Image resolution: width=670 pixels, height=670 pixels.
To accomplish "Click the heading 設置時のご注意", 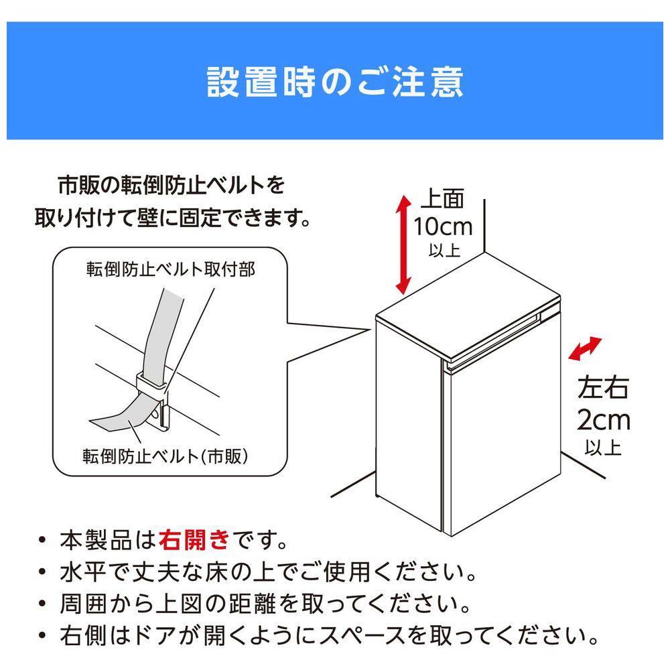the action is tap(335, 82).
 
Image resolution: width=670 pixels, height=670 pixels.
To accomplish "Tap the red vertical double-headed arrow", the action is tap(403, 245).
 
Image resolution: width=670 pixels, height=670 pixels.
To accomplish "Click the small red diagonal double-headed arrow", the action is tap(585, 348).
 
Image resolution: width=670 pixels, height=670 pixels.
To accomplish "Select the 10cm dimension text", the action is tap(443, 226).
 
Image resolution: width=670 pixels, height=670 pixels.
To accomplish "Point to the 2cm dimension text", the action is tap(604, 420).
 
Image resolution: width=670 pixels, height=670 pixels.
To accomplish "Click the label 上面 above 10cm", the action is tap(442, 199).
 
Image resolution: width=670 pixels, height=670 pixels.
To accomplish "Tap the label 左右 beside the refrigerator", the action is tap(603, 388).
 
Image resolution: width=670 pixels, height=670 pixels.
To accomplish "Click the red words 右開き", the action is tap(194, 539).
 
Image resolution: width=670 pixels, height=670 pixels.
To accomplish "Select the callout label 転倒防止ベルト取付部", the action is tap(170, 269).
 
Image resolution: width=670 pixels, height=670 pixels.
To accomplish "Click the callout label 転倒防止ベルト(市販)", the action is tap(165, 456).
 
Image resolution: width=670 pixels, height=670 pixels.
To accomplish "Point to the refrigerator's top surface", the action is tap(468, 304).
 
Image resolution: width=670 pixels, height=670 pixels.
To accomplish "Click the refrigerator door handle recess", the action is tap(494, 342).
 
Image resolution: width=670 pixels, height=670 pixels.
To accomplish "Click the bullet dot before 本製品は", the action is tap(42, 540).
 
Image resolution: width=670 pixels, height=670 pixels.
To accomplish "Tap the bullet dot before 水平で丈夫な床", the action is tap(42, 572).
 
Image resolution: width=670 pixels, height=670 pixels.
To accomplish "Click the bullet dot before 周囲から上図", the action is tap(42, 604).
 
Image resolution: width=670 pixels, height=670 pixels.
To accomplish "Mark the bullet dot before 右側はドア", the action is tap(42, 635).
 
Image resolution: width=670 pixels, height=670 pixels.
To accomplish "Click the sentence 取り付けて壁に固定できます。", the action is tap(173, 218).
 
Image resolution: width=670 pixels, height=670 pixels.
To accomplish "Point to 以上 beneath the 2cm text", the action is tap(603, 448).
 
